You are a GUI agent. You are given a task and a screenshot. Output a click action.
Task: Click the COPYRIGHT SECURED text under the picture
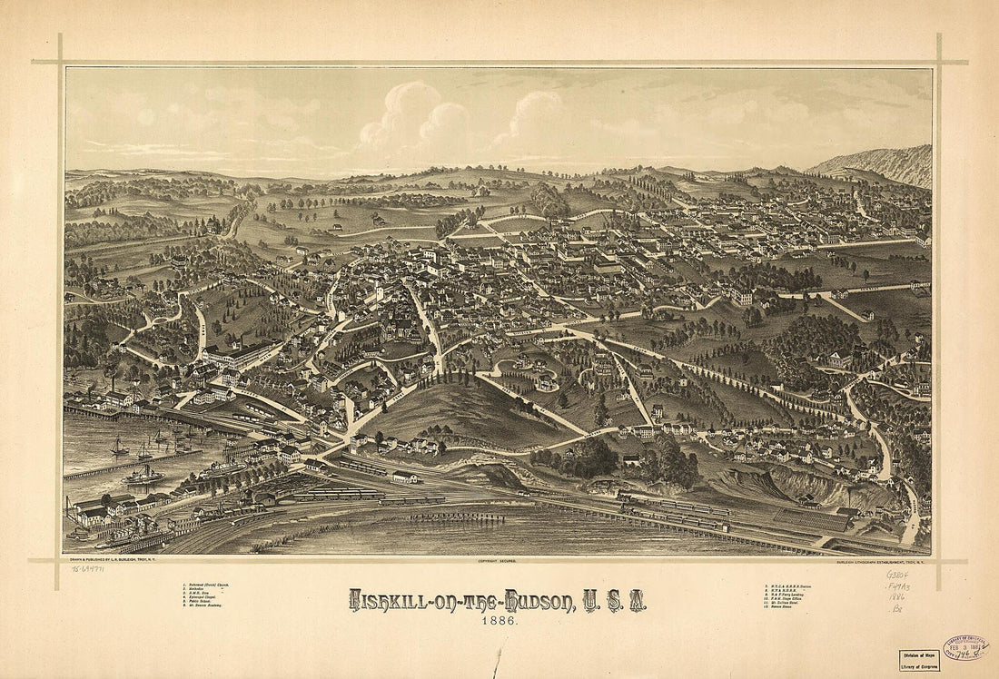tap(497, 562)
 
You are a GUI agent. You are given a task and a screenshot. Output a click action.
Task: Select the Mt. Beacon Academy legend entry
tap(208, 605)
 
